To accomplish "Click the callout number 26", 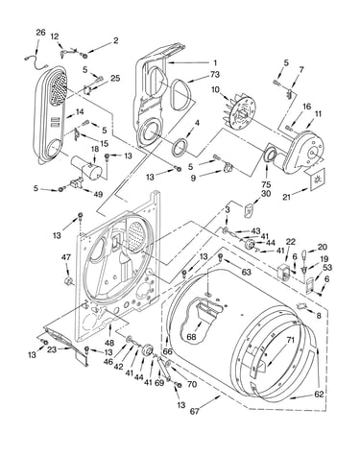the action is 40,33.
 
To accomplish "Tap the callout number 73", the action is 215,74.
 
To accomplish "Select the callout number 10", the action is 215,89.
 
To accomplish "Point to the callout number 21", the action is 286,197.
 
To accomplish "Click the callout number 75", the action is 266,184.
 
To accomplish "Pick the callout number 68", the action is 192,337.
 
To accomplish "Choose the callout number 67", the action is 194,411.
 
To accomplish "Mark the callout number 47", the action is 66,257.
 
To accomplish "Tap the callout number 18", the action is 95,150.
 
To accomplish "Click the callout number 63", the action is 246,273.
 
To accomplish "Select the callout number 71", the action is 290,340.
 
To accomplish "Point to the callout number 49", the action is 98,194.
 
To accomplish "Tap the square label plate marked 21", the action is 316,180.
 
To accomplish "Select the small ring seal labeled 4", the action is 180,147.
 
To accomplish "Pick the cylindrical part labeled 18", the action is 86,168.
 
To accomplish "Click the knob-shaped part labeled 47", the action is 68,281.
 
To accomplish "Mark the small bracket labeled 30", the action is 248,211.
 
